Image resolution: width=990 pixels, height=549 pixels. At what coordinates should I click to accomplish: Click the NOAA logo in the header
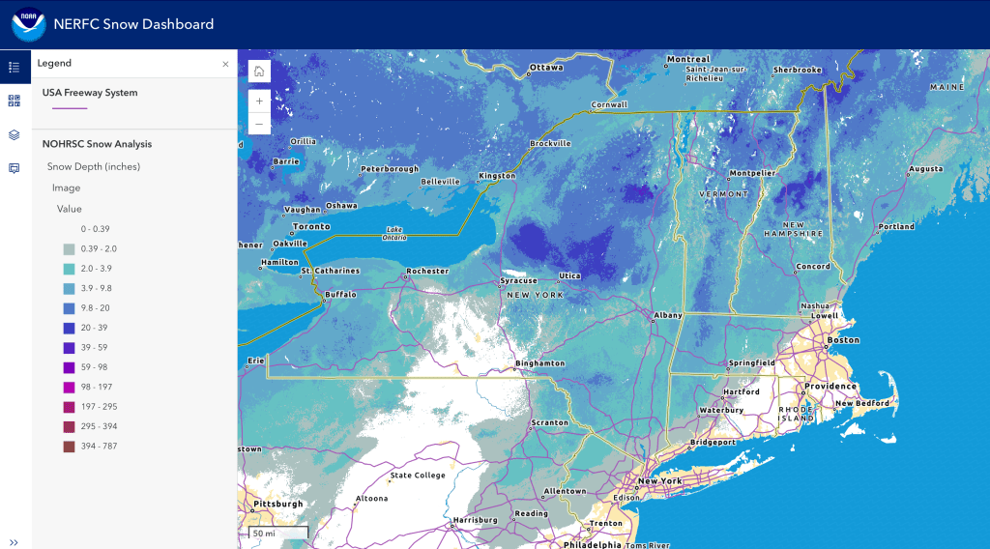(x=28, y=24)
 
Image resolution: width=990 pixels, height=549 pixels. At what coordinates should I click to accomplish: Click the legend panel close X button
(x=225, y=64)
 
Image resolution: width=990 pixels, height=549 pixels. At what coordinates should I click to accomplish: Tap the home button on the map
(x=259, y=72)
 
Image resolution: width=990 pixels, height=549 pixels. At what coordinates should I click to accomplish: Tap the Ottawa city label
(x=546, y=68)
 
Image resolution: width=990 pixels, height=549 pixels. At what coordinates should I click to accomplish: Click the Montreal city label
(x=688, y=60)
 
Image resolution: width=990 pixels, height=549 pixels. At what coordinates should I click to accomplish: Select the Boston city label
(x=843, y=340)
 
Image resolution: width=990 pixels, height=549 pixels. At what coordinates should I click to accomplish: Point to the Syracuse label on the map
(x=518, y=281)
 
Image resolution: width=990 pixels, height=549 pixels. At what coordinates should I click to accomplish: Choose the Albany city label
(x=668, y=315)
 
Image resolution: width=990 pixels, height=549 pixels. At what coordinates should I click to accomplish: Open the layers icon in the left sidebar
(x=15, y=134)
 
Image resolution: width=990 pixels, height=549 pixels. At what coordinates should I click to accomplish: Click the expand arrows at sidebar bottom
(x=15, y=542)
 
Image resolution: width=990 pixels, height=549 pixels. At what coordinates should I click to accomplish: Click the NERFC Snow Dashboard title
(x=134, y=24)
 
